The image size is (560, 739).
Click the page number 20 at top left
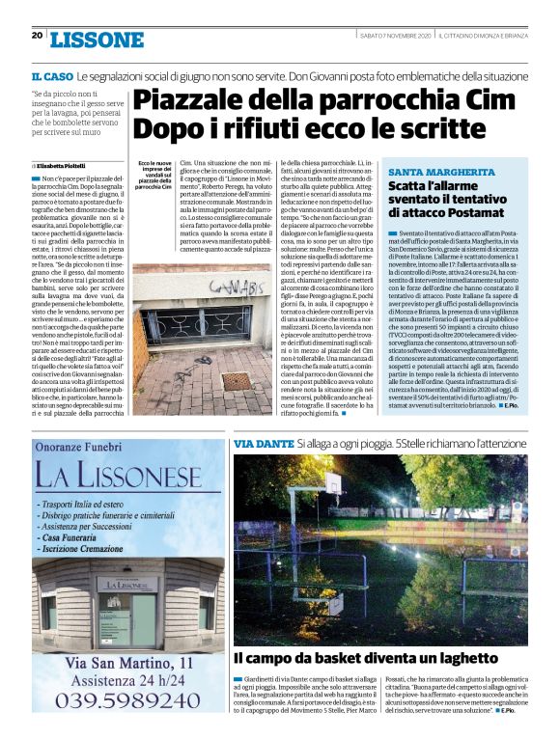coord(37,36)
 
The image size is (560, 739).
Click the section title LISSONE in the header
coord(97,40)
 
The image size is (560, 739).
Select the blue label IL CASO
coord(52,75)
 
